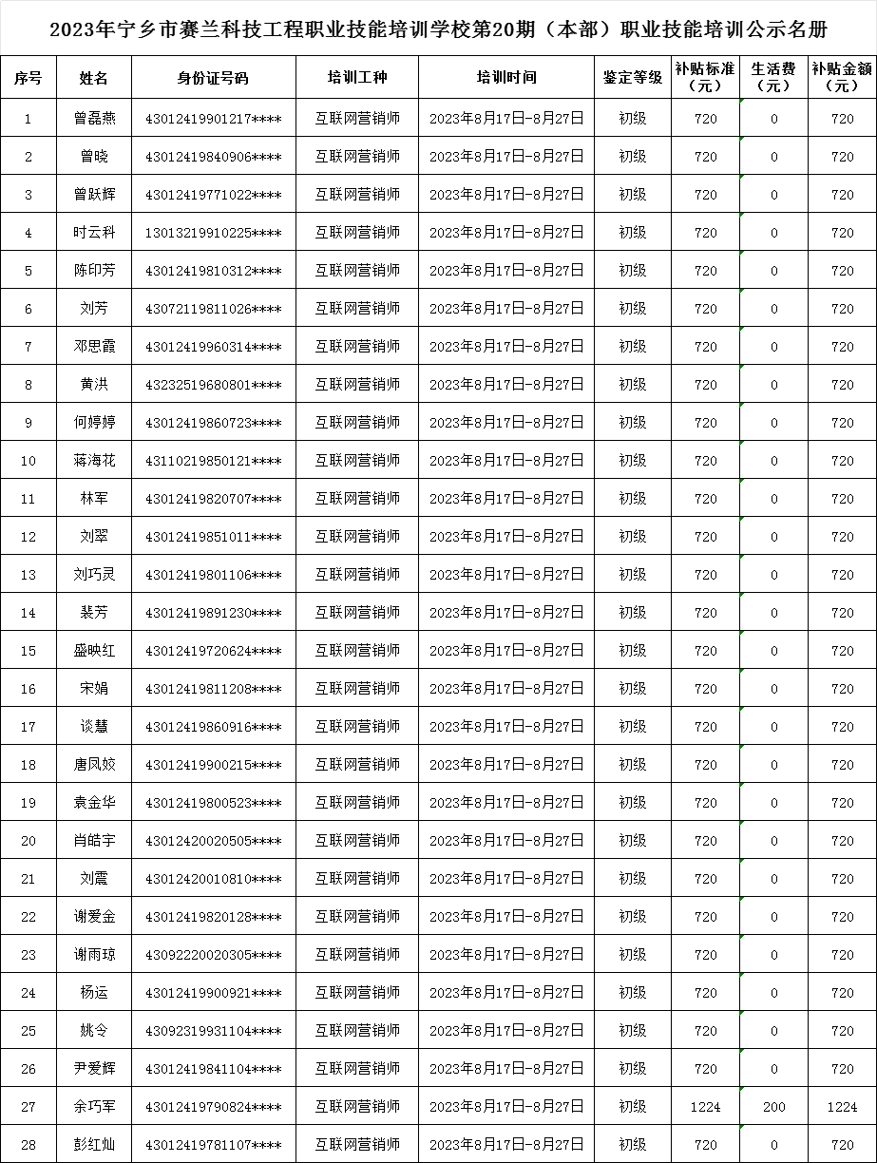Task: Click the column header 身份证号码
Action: [x=213, y=78]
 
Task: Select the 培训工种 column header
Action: [x=357, y=78]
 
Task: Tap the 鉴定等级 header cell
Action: [x=632, y=78]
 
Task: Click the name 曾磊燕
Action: [x=95, y=119]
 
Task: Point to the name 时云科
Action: [x=95, y=233]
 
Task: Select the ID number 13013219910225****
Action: [x=213, y=233]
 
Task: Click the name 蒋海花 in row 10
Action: [x=95, y=461]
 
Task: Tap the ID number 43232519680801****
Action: [x=213, y=385]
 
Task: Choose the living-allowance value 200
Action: [x=773, y=1107]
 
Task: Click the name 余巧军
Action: [x=95, y=1107]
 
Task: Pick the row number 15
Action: [x=29, y=651]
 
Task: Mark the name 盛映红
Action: [x=95, y=651]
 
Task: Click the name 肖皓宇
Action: [x=95, y=841]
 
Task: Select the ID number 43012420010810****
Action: [x=213, y=879]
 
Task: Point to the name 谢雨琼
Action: [x=95, y=955]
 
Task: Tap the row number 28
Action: [x=29, y=1145]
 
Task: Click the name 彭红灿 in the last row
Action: [x=95, y=1145]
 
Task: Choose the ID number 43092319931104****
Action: [x=213, y=1031]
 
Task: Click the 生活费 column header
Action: [x=773, y=77]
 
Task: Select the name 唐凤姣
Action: [x=95, y=765]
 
